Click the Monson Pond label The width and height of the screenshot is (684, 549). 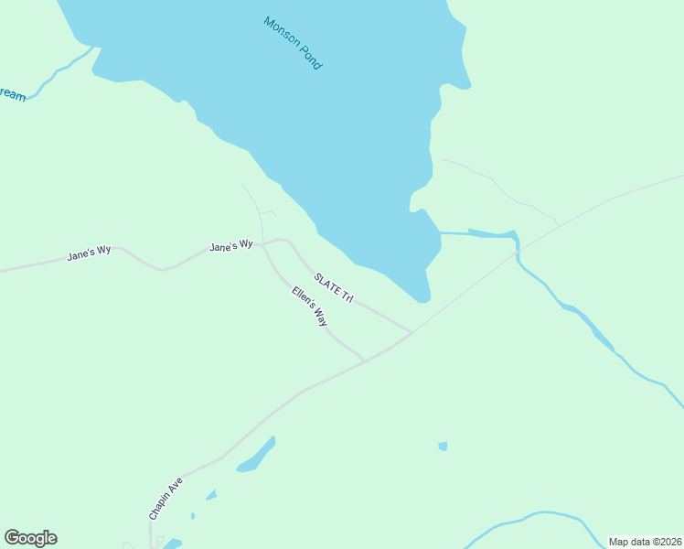click(293, 43)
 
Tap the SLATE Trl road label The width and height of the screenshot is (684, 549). click(333, 287)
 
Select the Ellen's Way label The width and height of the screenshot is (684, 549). click(310, 307)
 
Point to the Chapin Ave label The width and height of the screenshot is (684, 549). click(166, 499)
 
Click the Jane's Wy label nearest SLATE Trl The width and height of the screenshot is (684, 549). click(230, 246)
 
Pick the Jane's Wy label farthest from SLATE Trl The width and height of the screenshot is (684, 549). click(89, 253)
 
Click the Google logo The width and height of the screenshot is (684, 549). click(30, 538)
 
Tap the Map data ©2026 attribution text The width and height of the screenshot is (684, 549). click(645, 542)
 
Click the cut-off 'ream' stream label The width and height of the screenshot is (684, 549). click(12, 94)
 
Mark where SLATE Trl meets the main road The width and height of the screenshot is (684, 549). click(412, 332)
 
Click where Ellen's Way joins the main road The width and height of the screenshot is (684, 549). click(365, 361)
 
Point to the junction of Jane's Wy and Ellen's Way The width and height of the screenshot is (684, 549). click(263, 245)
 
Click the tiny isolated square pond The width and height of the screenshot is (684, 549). click(443, 447)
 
